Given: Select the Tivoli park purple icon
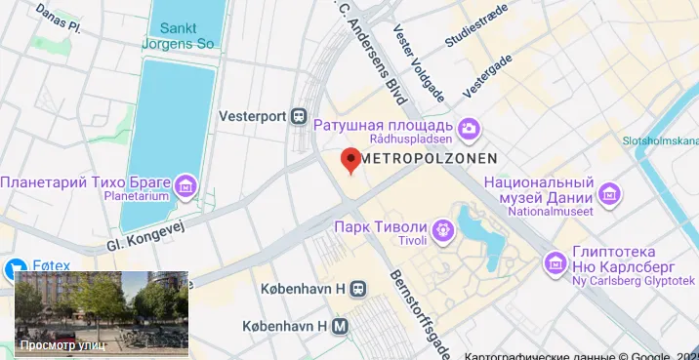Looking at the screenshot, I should click(x=443, y=230).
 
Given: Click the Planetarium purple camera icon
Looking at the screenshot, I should click(x=185, y=183).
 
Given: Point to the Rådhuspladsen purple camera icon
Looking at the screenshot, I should click(x=469, y=128).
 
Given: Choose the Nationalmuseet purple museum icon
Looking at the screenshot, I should click(x=610, y=193).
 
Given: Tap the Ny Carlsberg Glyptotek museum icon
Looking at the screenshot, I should click(x=556, y=261).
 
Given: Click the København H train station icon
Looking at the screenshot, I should click(x=359, y=289).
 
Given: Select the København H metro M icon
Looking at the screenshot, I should click(x=340, y=326).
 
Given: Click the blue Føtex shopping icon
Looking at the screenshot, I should click(x=15, y=267).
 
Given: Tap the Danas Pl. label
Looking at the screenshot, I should click(x=58, y=16).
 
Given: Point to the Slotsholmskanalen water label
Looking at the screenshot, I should click(x=661, y=141).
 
